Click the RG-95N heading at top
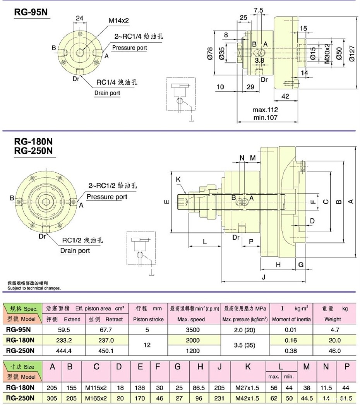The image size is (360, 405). tap(31, 12)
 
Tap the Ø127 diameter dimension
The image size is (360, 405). tap(351, 54)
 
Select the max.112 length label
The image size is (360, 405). tap(265, 110)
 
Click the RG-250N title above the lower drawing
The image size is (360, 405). tap(33, 151)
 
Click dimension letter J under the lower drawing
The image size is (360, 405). tap(263, 277)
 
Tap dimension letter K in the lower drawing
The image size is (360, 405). tap(178, 180)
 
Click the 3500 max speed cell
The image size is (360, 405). tap(193, 330)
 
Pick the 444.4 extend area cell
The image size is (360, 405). tap(63, 351)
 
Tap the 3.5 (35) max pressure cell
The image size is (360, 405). tap(245, 345)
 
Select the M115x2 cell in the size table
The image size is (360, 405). tap(96, 387)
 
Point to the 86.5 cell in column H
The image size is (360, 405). tap(200, 387)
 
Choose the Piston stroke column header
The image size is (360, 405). tap(148, 319)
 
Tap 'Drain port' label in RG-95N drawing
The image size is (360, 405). tap(107, 93)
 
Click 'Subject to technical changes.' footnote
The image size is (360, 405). tap(34, 288)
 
